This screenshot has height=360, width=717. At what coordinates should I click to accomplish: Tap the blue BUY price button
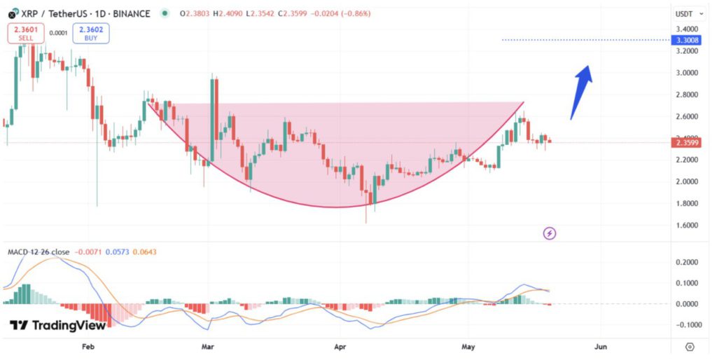coord(90,33)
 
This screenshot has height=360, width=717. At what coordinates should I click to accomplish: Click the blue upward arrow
coord(582,91)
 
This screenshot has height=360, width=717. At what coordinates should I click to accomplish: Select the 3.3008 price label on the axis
coord(684,41)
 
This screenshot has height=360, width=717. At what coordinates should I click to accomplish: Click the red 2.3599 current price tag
coord(684,143)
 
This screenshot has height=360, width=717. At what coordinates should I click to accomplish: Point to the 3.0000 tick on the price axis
coord(684,73)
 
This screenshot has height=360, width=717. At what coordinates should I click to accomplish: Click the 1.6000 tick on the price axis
coord(684,226)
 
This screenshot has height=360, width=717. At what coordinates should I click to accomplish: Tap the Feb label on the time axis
coord(88,346)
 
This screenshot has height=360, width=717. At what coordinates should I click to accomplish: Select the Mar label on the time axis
coord(207,346)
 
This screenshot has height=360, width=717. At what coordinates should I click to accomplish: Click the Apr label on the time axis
coord(341,346)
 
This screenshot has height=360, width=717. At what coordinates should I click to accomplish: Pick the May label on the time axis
coord(468,346)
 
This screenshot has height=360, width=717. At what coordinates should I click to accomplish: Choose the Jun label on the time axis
coord(600,346)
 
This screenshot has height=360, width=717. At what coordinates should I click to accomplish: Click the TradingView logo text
coord(59,325)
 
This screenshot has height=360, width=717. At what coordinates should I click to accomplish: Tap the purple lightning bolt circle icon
coord(550,233)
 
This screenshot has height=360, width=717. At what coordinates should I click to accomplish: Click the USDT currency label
coord(683,14)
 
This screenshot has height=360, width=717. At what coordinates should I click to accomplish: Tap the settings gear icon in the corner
coord(690,347)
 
